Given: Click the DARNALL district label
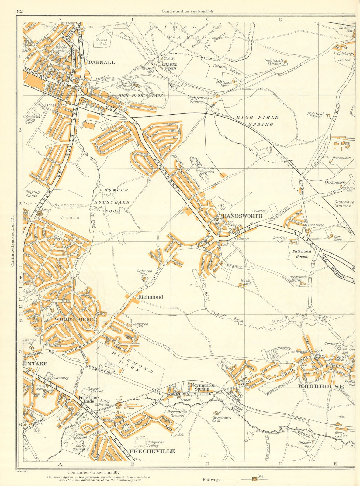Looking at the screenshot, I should click(102, 62).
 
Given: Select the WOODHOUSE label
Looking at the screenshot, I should click(321, 386).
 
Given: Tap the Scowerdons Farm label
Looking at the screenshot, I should click(222, 419).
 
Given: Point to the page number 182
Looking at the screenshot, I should click(19, 12).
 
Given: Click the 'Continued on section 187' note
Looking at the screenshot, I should click(94, 472).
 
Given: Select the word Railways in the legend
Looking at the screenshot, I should click(212, 480).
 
